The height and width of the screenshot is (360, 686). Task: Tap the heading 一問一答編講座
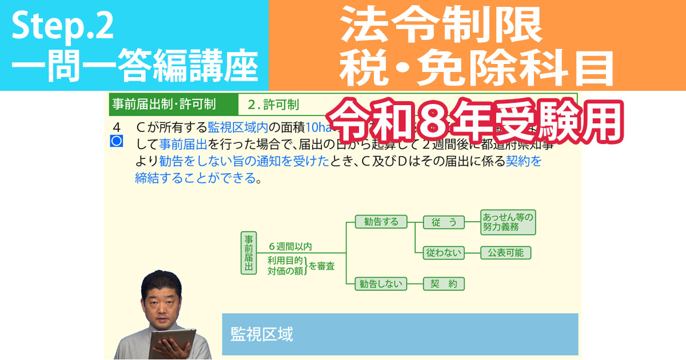[134, 67]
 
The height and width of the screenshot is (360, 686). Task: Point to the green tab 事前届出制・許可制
[163, 105]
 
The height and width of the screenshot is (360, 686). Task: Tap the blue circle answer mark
[117, 141]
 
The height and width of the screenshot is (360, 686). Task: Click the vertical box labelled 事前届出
[249, 253]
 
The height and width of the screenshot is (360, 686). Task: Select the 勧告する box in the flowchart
[381, 222]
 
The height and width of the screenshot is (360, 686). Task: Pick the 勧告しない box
[381, 283]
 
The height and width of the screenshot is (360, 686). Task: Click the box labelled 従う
[444, 222]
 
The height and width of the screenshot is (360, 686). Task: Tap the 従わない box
[444, 253]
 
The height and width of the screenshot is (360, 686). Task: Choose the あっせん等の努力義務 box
[508, 222]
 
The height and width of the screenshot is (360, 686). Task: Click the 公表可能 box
[506, 253]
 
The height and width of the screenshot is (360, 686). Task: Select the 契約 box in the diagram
[444, 283]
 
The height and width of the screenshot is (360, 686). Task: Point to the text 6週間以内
[290, 247]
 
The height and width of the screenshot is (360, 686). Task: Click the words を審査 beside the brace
[322, 266]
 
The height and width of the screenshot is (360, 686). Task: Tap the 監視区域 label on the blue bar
[262, 334]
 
